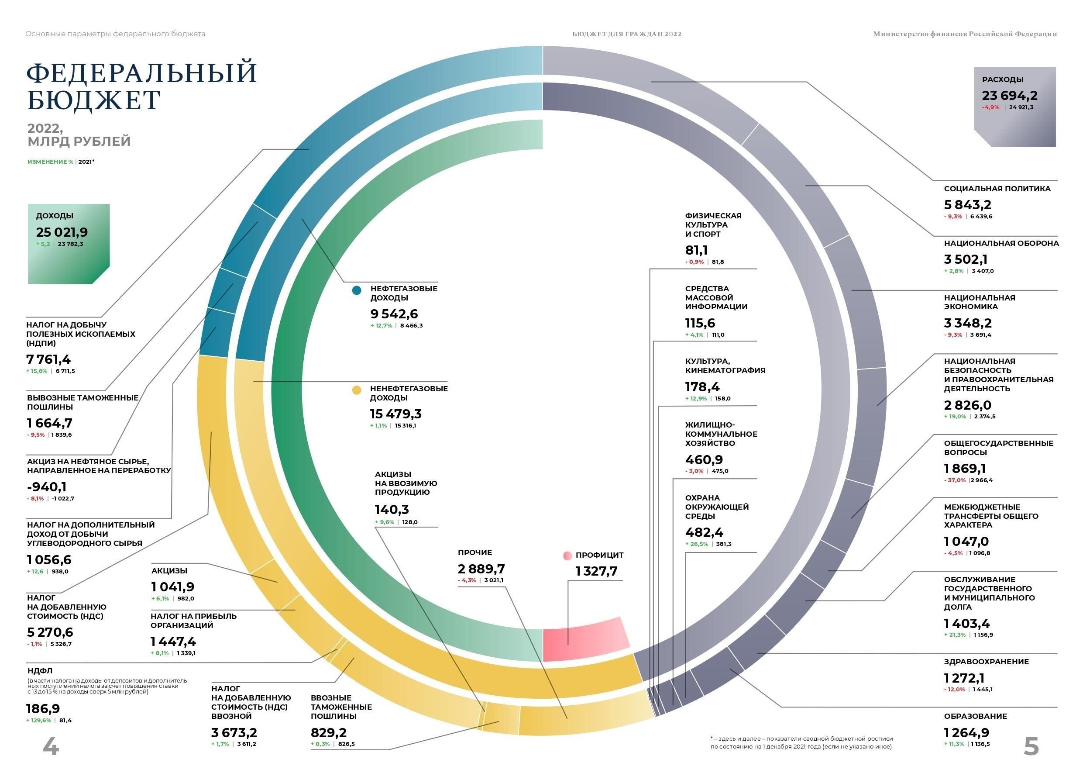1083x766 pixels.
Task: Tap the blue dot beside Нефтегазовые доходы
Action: coord(357,290)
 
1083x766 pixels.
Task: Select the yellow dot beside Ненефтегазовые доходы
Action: coord(357,390)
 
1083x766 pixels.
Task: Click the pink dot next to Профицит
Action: coord(567,556)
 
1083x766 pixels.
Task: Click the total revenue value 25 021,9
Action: coord(62,232)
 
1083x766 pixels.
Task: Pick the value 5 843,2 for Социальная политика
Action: coord(967,205)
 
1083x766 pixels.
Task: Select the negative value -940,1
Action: coord(47,487)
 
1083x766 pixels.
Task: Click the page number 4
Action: coord(51,746)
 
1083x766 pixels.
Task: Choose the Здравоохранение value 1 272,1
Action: coord(964,678)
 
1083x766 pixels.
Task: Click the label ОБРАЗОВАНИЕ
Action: coord(976,716)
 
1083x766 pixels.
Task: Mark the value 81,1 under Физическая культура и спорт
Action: coord(696,250)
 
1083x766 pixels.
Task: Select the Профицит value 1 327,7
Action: coord(596,571)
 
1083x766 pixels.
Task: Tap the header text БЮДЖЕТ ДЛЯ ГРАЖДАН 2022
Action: coord(626,34)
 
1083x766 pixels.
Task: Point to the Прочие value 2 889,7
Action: coord(481,569)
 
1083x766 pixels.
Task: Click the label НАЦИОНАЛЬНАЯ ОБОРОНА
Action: coord(1001,244)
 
